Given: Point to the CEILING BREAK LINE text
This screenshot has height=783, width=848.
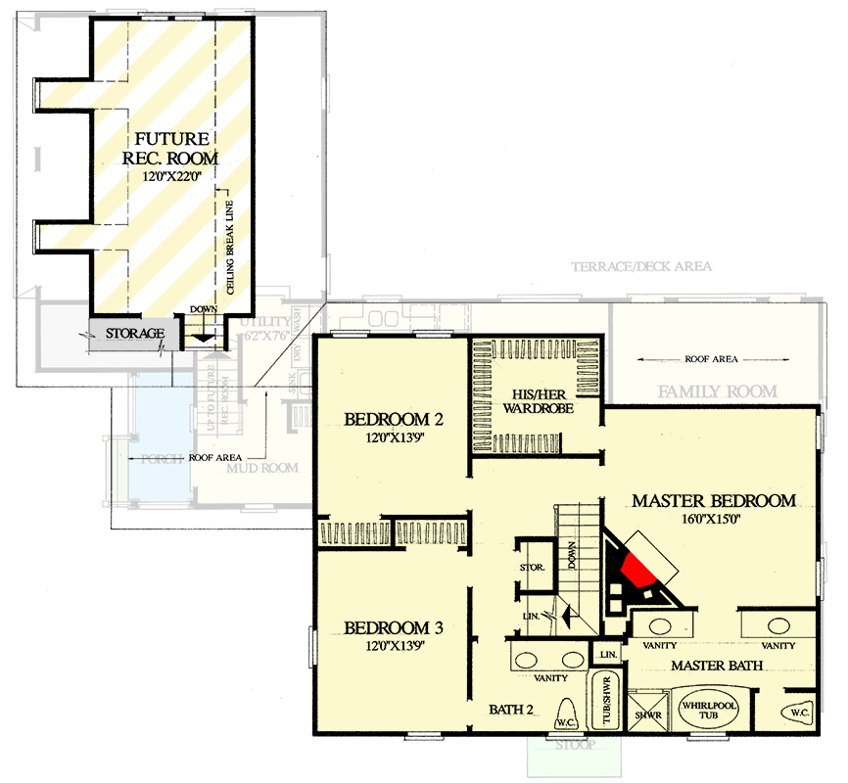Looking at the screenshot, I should point(230,246).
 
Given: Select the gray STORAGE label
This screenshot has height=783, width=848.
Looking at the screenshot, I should point(135,334).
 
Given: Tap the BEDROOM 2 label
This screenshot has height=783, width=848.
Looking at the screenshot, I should point(394,421).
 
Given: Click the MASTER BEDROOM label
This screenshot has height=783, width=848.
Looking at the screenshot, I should point(713,501).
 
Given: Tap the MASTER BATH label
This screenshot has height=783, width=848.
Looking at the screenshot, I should point(717,666).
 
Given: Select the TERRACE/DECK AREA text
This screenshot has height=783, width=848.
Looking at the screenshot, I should point(641,266).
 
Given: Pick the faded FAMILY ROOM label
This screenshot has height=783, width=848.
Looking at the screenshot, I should point(717,391).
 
